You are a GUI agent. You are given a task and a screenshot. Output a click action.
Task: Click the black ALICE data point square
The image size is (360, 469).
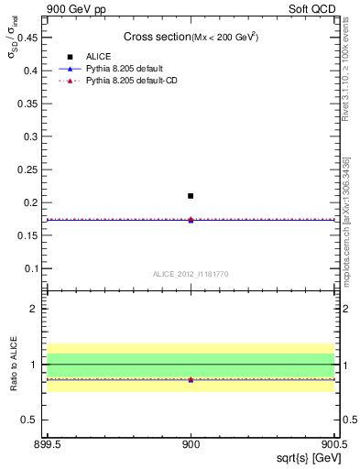coord(191,196)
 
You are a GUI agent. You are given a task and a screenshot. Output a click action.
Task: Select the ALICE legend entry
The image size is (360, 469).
coord(99,56)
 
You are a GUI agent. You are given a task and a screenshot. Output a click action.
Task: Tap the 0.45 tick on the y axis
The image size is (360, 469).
coord(30,37)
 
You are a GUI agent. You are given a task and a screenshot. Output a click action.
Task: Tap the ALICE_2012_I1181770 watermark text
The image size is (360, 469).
coord(191,273)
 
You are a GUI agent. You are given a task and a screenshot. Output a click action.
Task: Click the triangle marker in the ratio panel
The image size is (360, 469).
coord(191,379)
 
